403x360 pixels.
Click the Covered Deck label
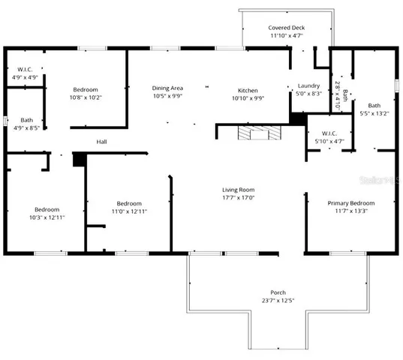coord(287,27)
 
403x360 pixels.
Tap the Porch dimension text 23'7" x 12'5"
coord(278,301)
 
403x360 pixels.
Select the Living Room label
coord(238,190)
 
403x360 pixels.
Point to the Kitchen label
coord(248,88)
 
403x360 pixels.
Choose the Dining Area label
coord(167,88)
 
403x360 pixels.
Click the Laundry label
coord(309,86)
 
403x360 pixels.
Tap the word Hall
coord(102,142)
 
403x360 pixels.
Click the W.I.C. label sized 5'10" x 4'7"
coord(329,133)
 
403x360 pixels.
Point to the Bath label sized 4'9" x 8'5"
coord(26,120)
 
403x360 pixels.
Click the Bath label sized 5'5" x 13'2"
coord(374,106)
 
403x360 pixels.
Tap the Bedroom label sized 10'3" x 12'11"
coord(47,209)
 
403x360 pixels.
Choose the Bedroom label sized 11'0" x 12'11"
coord(129,203)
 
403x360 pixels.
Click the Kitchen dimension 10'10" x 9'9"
coord(248,97)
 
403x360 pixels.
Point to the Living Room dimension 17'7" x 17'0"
coord(238,198)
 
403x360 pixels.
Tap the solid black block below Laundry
coord(299,118)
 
